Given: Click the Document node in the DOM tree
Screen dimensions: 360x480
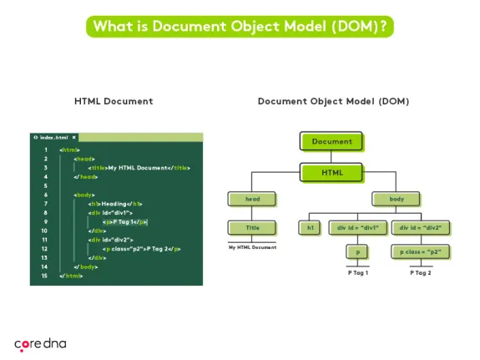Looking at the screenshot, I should coord(331,141).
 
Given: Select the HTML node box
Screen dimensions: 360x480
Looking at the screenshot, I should coord(331,173).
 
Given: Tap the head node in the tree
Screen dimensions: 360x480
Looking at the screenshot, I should coord(252,200).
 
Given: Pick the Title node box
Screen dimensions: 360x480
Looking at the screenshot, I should coord(252,227).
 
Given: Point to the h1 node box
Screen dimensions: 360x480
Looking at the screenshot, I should coord(311,227).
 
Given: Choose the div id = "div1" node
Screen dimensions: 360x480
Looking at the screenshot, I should coord(358,227).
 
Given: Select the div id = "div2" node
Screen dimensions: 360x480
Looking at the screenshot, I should coord(420,227).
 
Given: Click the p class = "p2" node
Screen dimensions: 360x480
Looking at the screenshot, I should coord(420,251).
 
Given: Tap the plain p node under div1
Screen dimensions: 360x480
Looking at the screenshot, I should coord(358,251).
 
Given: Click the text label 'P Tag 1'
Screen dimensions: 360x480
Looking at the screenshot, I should coord(358,273).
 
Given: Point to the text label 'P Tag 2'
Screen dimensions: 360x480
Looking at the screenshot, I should coord(420,273).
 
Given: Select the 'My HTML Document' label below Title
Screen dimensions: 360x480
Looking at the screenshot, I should coord(252,247).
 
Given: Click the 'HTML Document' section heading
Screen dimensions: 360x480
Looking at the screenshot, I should coord(114,101).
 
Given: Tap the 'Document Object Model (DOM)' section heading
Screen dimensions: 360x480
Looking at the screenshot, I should coord(333,101).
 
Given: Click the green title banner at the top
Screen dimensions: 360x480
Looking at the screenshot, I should coord(240,26).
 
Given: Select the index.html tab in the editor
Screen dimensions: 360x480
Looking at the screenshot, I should coord(54,137).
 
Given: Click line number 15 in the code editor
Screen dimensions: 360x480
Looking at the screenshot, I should coord(45,275).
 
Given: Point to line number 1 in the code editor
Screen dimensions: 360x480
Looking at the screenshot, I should coord(45,150).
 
